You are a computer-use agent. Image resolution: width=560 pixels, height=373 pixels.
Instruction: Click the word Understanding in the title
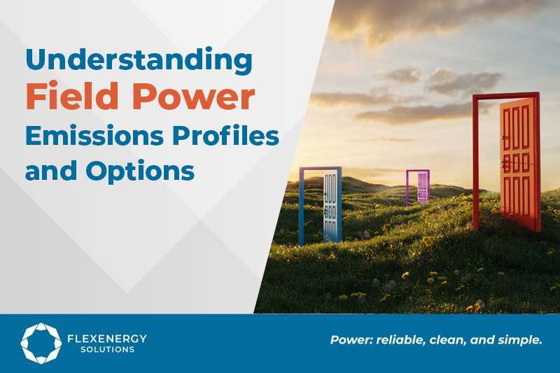(139, 62)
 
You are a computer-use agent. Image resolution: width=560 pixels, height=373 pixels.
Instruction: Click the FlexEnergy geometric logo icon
(41, 343)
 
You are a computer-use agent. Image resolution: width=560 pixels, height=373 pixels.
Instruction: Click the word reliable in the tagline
(401, 341)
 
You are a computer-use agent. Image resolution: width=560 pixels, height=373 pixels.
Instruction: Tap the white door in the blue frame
(330, 206)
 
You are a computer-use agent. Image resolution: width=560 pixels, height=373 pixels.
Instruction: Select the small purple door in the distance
(422, 188)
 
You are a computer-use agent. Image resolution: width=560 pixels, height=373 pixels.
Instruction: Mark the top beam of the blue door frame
(320, 169)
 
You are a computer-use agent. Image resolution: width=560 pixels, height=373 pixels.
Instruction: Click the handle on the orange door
(503, 162)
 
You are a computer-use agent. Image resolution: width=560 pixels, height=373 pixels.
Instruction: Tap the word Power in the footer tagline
(351, 341)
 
